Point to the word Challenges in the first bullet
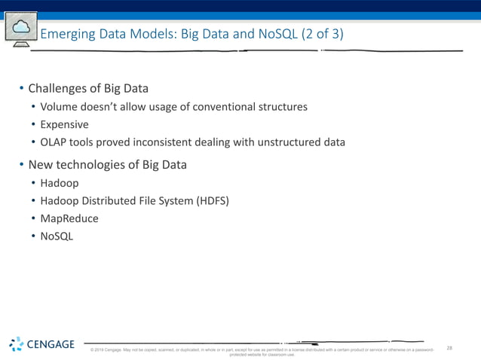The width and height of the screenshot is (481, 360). [x=59, y=89]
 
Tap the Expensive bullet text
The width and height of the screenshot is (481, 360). [x=65, y=124]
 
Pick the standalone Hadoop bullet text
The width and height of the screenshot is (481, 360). [x=60, y=183]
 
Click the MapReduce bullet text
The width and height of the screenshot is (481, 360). [x=69, y=218]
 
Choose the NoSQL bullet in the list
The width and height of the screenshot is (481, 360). [x=57, y=236]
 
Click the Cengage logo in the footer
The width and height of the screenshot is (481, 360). [x=42, y=345]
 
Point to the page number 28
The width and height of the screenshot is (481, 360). [x=449, y=348]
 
